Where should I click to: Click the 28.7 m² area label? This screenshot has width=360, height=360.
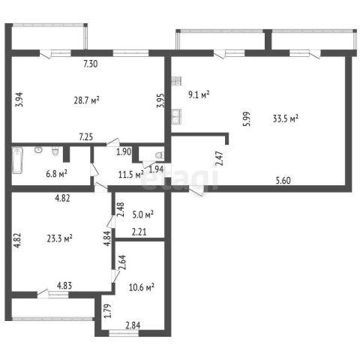click(87, 100)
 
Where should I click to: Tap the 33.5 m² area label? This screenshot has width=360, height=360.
click(286, 118)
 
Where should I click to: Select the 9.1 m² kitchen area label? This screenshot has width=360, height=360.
click(199, 94)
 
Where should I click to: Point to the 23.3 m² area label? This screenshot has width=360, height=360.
click(59, 238)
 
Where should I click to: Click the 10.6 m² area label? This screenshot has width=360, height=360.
click(141, 287)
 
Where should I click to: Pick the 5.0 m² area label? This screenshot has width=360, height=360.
click(142, 214)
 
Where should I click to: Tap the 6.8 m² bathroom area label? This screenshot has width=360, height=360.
click(57, 173)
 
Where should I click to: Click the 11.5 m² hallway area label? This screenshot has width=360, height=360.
click(131, 174)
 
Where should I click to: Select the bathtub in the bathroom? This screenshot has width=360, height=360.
click(17, 160)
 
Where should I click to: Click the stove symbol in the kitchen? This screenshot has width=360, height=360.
click(176, 81)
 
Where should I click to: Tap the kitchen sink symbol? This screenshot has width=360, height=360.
click(176, 116)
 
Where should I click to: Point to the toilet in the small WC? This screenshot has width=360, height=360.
click(160, 155)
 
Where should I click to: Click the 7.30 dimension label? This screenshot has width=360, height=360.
click(91, 64)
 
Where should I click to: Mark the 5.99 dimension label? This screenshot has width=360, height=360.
click(247, 119)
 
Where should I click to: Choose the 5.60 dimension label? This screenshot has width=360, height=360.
click(283, 180)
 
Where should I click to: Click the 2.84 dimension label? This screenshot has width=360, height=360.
click(133, 325)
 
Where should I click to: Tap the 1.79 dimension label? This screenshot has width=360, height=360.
click(107, 310)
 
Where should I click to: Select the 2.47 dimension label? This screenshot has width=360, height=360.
click(220, 158)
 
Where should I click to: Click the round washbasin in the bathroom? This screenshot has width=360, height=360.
click(38, 150)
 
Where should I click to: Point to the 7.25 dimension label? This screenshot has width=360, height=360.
click(86, 136)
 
